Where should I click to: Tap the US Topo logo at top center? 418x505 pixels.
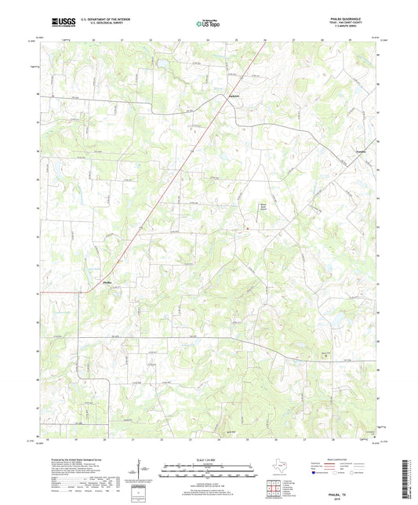click(x=208, y=24)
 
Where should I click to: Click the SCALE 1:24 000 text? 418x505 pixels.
click(x=209, y=459)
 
